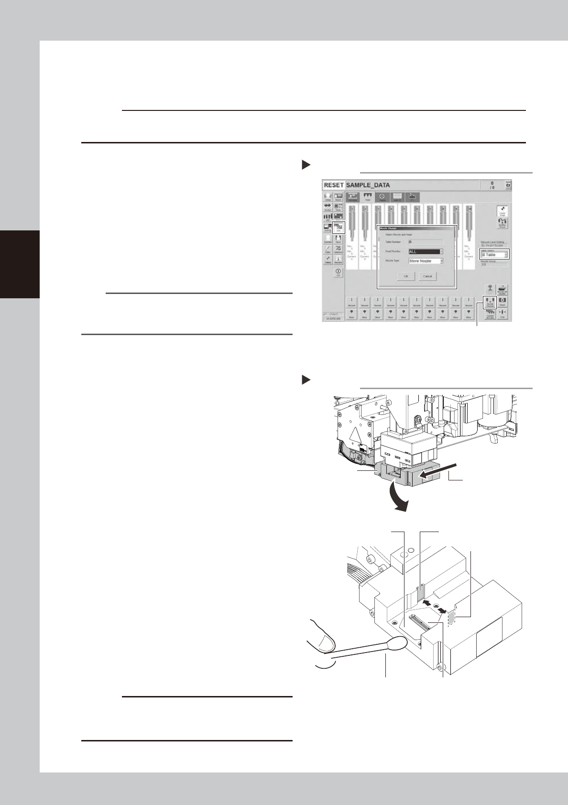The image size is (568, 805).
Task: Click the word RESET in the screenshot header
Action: (x=333, y=185)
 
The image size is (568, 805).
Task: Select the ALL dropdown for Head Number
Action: (x=425, y=251)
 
